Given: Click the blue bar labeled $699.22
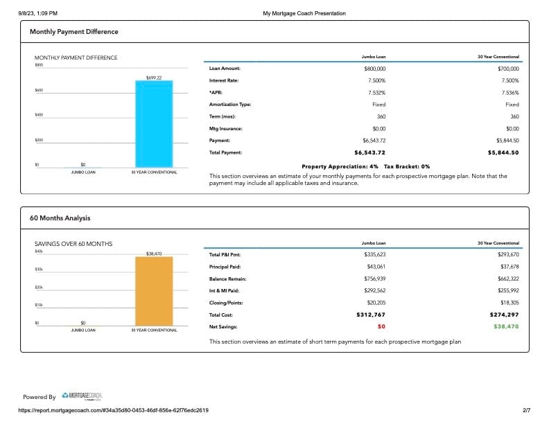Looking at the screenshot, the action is pyautogui.click(x=154, y=124).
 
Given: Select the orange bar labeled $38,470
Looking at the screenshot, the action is pyautogui.click(x=154, y=291).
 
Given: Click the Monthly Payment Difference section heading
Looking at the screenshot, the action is pyautogui.click(x=74, y=32).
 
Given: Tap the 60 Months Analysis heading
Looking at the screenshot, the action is pyautogui.click(x=60, y=218).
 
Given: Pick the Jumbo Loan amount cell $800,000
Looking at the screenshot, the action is pyautogui.click(x=374, y=69).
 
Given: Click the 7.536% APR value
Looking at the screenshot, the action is pyautogui.click(x=510, y=93).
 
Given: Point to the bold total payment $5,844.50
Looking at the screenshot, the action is pyautogui.click(x=503, y=152).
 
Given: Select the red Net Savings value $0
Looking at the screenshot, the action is pyautogui.click(x=381, y=326).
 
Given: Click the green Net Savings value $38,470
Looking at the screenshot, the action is pyautogui.click(x=506, y=326).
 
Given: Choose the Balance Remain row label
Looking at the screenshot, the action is pyautogui.click(x=227, y=279).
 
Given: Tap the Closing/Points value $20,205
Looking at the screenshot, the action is pyautogui.click(x=376, y=303).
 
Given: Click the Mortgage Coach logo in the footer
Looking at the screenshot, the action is pyautogui.click(x=82, y=396).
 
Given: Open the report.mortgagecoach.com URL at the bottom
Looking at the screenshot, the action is pyautogui.click(x=114, y=410).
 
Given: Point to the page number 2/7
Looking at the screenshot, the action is pyautogui.click(x=526, y=410).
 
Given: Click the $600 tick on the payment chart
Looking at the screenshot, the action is pyautogui.click(x=39, y=90).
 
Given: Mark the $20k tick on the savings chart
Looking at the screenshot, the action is pyautogui.click(x=39, y=288).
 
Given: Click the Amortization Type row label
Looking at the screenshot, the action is pyautogui.click(x=230, y=105).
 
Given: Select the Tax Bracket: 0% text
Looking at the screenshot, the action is pyautogui.click(x=407, y=166).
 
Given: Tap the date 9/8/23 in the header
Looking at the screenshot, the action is pyautogui.click(x=26, y=13).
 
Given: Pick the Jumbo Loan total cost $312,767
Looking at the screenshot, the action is pyautogui.click(x=371, y=315).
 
